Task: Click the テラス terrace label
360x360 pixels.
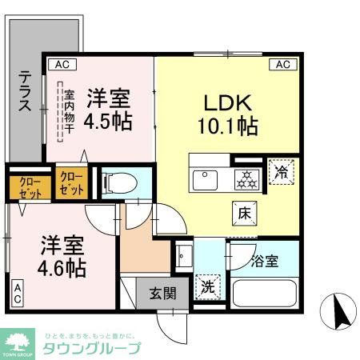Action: pos(26,92)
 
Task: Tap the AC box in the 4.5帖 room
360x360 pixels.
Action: pos(59,63)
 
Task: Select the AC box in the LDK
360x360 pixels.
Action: pos(282,64)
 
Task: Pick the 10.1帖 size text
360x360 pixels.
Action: pos(227,126)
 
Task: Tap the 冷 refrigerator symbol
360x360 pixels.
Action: pos(282,170)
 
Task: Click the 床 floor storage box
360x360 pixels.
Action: pos(244,212)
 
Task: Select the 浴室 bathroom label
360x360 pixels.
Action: pos(264,261)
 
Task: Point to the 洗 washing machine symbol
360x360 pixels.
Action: pos(206,285)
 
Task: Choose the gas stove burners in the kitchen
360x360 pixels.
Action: pos(246,178)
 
